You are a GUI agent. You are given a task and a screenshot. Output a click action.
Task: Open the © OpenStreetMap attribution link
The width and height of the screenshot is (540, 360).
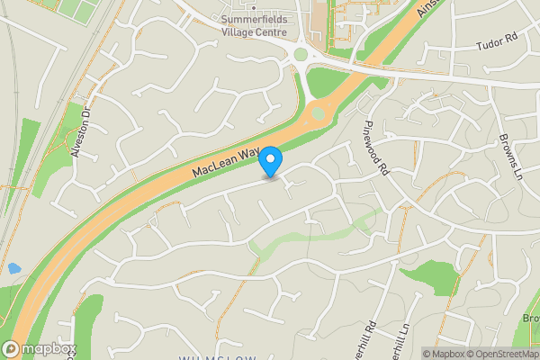[500, 354]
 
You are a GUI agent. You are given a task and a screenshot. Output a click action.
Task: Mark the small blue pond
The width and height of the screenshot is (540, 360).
[13, 268]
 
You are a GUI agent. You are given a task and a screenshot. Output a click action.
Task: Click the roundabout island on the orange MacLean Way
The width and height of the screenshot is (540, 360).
[316, 114]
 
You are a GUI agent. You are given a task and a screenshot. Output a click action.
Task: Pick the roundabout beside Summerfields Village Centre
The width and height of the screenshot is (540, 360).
[301, 55]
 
